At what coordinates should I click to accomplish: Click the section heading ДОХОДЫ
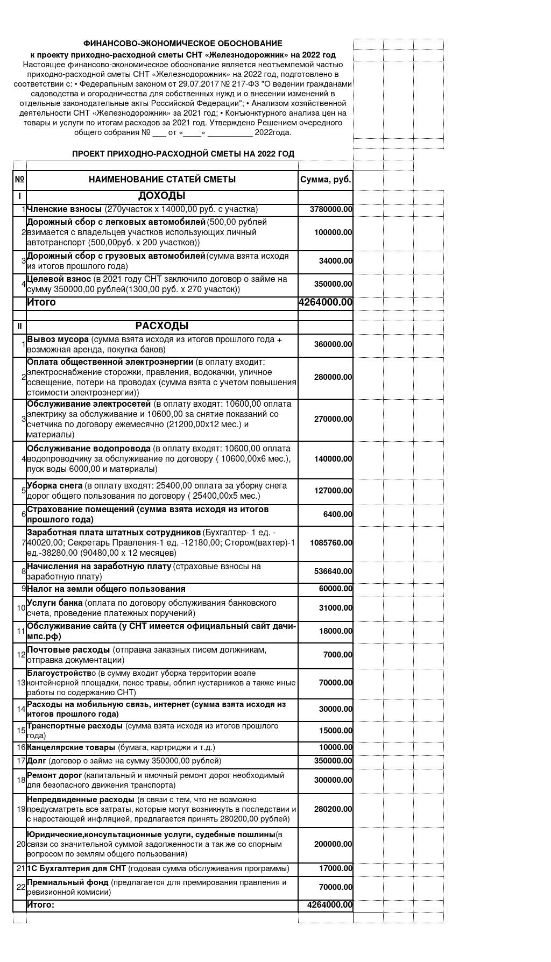click(x=161, y=196)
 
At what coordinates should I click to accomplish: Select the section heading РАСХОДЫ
click(x=161, y=326)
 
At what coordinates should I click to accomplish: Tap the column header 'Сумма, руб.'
click(x=326, y=180)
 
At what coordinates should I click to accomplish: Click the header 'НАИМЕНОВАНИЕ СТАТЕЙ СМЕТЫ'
click(x=162, y=180)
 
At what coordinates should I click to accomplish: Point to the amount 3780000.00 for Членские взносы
click(x=331, y=209)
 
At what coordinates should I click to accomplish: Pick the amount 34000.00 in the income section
click(x=335, y=261)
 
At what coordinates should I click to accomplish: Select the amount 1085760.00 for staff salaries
click(x=331, y=543)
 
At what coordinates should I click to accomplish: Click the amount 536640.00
click(x=333, y=571)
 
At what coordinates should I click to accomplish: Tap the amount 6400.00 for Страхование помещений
click(x=337, y=514)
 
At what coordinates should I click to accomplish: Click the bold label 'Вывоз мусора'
click(x=58, y=339)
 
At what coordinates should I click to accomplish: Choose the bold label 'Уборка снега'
click(x=54, y=485)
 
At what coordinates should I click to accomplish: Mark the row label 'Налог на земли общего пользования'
click(x=106, y=589)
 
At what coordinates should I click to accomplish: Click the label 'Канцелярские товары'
click(x=71, y=747)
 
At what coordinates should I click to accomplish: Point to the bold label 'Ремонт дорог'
click(x=54, y=775)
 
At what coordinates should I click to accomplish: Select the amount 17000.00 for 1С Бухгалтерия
click(x=335, y=868)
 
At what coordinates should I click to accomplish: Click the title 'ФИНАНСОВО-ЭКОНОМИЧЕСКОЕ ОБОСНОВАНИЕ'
click(x=182, y=44)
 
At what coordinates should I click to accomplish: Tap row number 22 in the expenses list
click(x=21, y=887)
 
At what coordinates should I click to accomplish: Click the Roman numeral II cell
click(x=20, y=326)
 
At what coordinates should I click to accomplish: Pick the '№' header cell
click(x=20, y=180)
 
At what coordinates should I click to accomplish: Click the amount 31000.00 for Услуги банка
click(x=335, y=608)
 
